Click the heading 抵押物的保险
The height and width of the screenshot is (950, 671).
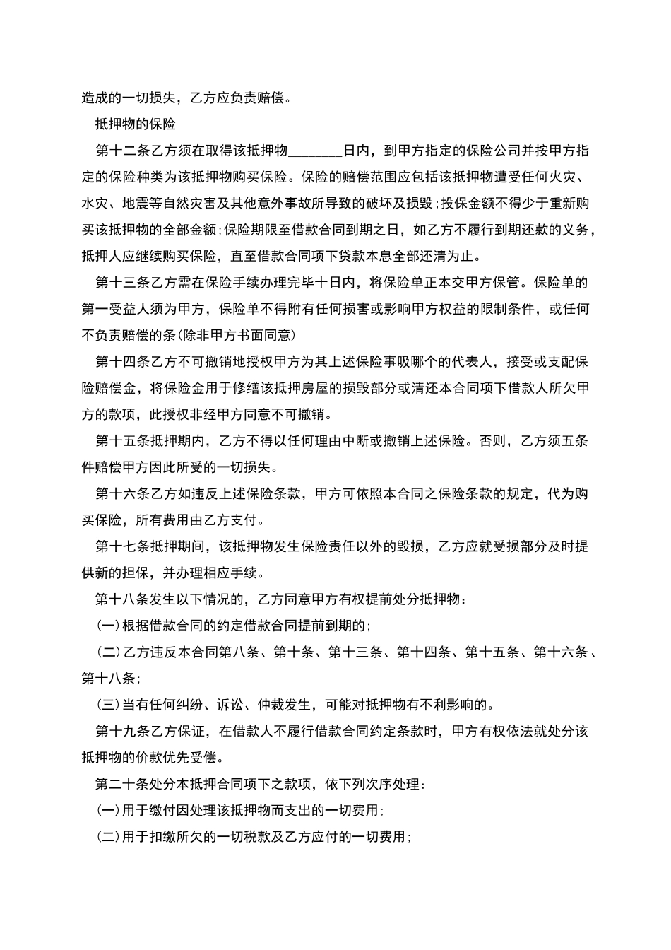click(x=135, y=124)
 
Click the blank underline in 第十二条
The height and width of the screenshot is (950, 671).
click(x=315, y=151)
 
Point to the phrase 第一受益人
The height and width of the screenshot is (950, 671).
click(x=116, y=309)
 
